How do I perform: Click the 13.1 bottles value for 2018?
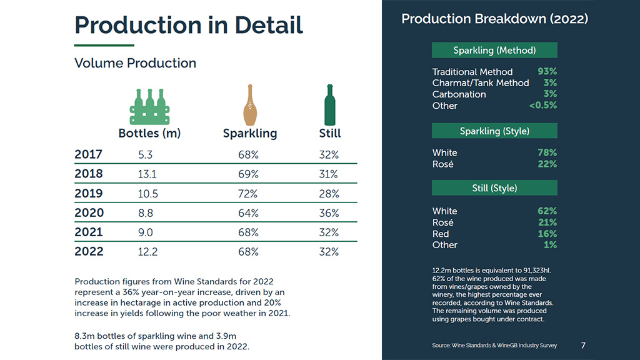(x=147, y=174)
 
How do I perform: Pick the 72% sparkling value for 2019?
(x=248, y=194)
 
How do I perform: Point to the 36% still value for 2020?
(x=329, y=213)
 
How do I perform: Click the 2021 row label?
(x=89, y=232)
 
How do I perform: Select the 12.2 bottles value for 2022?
(x=147, y=252)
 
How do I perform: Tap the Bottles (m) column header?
(x=149, y=133)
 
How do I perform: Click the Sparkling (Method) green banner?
(x=494, y=51)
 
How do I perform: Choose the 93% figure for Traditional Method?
(x=547, y=71)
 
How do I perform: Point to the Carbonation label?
(x=459, y=94)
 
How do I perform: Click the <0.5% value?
(x=542, y=106)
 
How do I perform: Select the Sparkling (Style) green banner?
(x=494, y=131)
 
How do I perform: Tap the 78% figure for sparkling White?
(x=547, y=152)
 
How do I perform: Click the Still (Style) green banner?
(x=494, y=188)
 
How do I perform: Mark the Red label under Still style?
(x=441, y=234)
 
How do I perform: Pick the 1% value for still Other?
(x=550, y=245)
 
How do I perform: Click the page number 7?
(x=583, y=345)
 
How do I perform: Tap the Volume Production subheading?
(x=135, y=63)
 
